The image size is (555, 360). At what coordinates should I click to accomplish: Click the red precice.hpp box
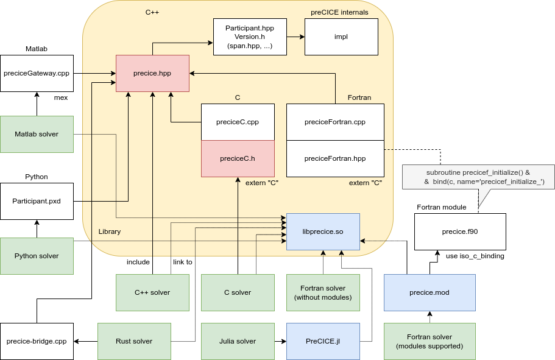(152, 73)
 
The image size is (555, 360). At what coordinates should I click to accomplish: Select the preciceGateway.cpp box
(37, 73)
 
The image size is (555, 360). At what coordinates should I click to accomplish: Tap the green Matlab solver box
(37, 134)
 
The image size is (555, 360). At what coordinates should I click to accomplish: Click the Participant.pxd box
(37, 201)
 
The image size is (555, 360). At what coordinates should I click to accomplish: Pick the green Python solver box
(37, 256)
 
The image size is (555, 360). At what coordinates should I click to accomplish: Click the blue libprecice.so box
(323, 231)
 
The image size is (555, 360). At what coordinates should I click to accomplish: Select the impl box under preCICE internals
(341, 37)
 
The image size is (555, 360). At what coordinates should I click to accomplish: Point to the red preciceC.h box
(238, 158)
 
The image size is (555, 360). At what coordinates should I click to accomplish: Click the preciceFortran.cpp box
(335, 122)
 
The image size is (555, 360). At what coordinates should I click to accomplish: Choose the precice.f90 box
(460, 231)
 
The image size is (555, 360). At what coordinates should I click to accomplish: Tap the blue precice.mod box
(430, 292)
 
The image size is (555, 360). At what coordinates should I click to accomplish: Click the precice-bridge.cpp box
(37, 341)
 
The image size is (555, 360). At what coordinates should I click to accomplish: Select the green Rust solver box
(134, 341)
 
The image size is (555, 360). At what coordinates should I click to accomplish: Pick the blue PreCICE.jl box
(323, 341)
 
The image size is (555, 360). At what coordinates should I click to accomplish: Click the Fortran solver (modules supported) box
(430, 341)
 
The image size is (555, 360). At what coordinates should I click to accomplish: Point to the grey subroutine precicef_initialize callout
(478, 177)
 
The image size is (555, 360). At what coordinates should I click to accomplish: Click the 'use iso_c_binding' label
(475, 256)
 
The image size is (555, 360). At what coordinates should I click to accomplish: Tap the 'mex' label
(61, 97)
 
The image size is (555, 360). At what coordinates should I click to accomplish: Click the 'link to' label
(182, 262)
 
